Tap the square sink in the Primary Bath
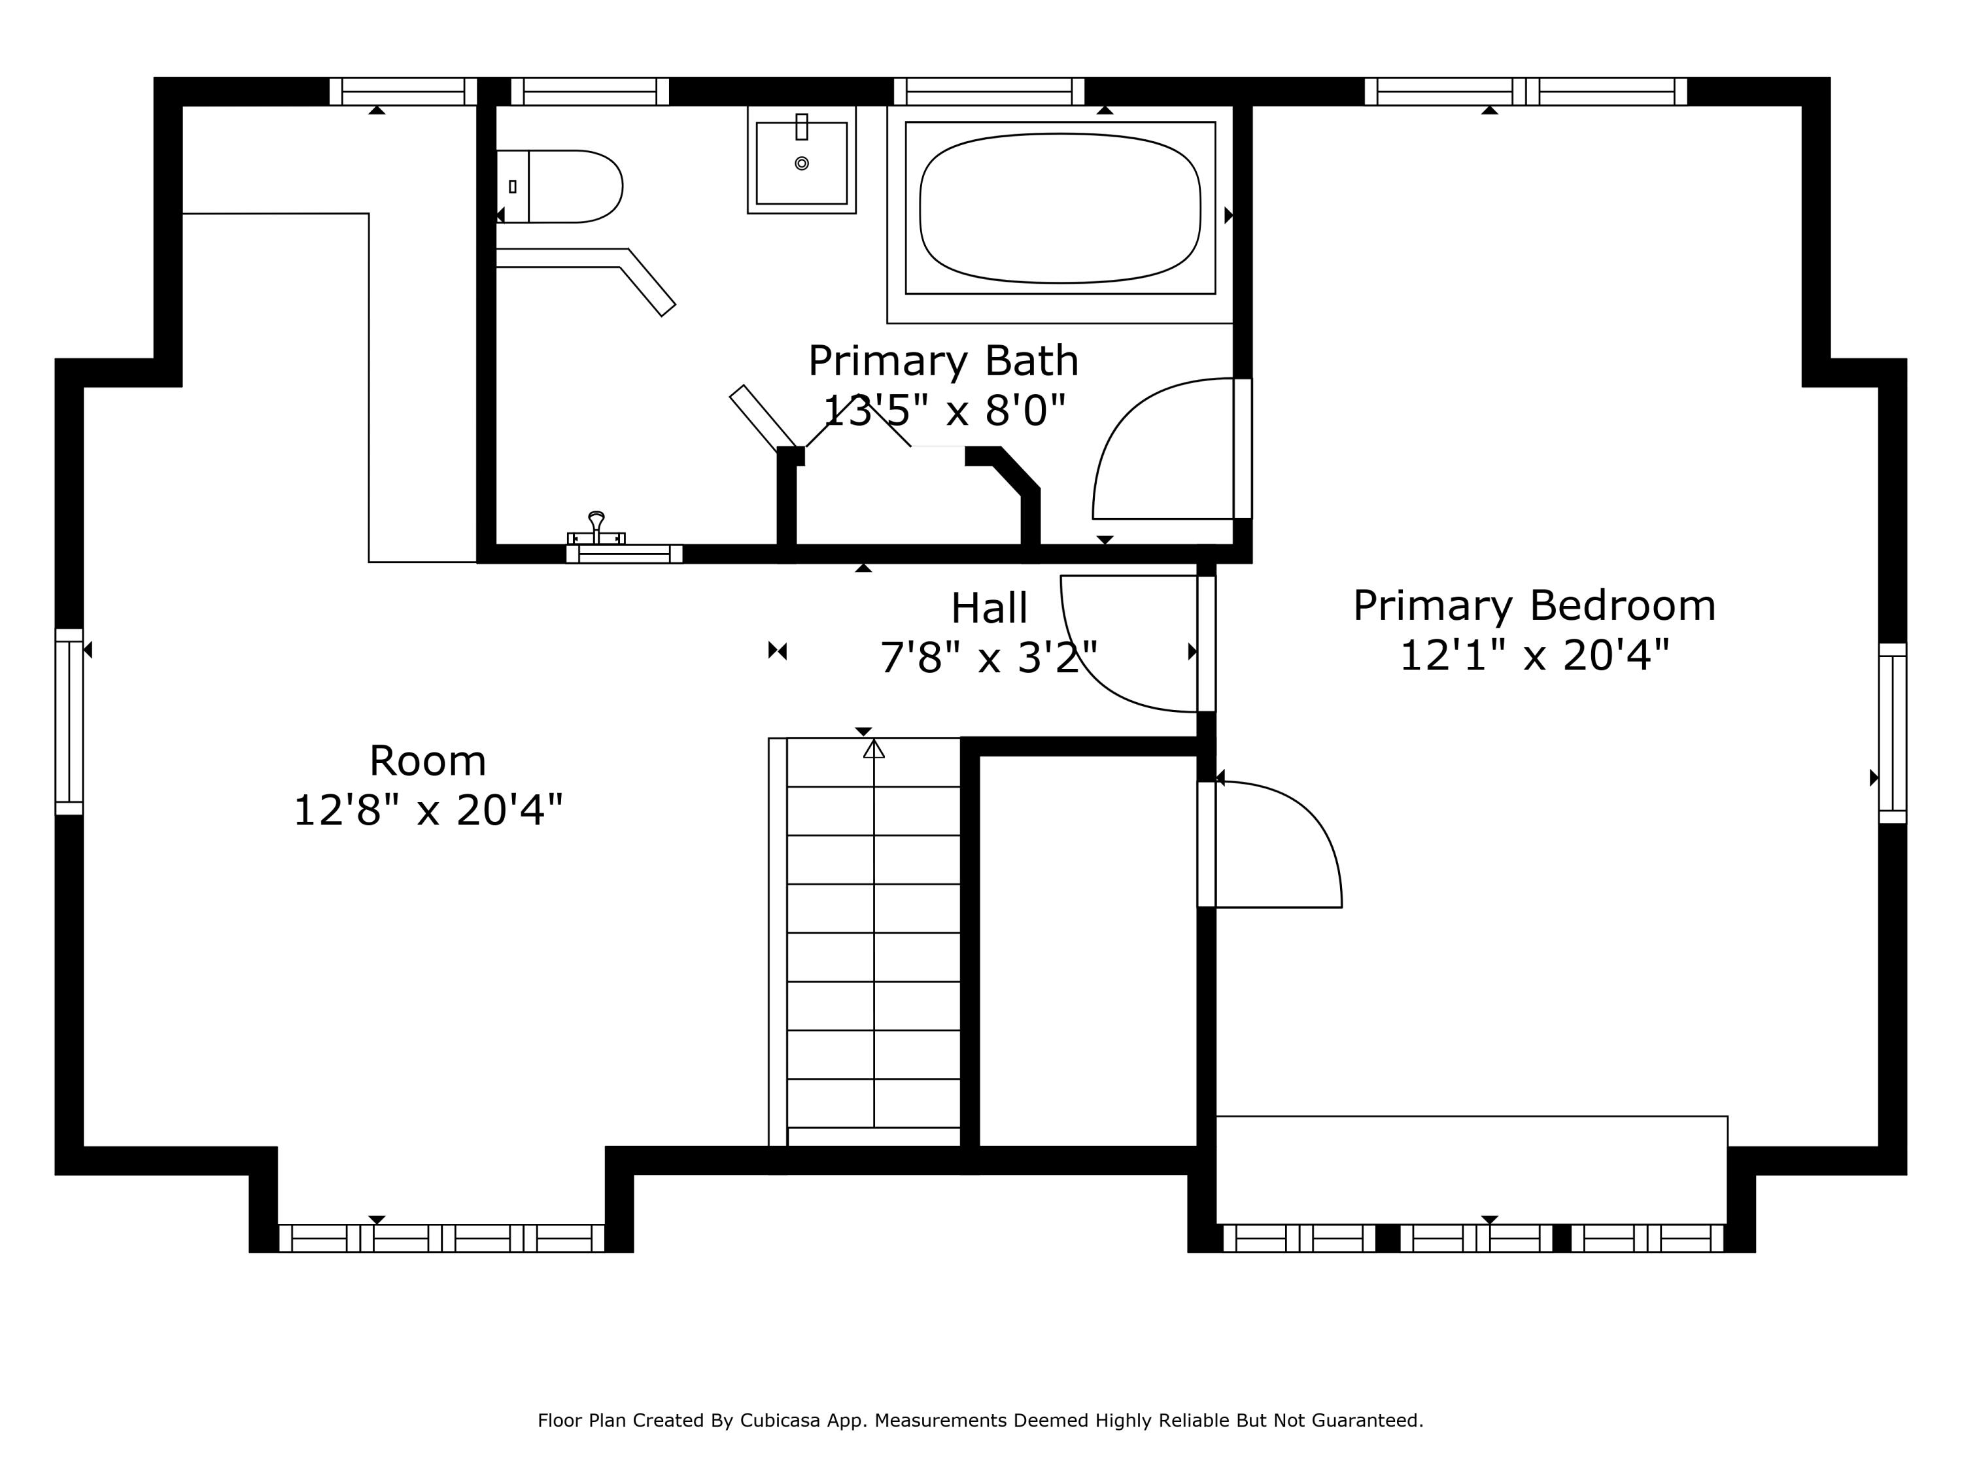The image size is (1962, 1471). tap(801, 161)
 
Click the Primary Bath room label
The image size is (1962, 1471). tap(943, 361)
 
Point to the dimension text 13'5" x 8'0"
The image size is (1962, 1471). tap(943, 411)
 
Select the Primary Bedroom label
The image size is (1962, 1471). tap(1534, 605)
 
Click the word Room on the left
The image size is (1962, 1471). tap(428, 761)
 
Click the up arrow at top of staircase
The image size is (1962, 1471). tap(874, 749)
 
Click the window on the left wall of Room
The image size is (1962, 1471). tap(69, 721)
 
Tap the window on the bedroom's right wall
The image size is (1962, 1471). tap(1892, 734)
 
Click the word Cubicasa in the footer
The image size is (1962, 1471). tap(779, 1421)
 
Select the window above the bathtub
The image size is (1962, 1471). tap(988, 92)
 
